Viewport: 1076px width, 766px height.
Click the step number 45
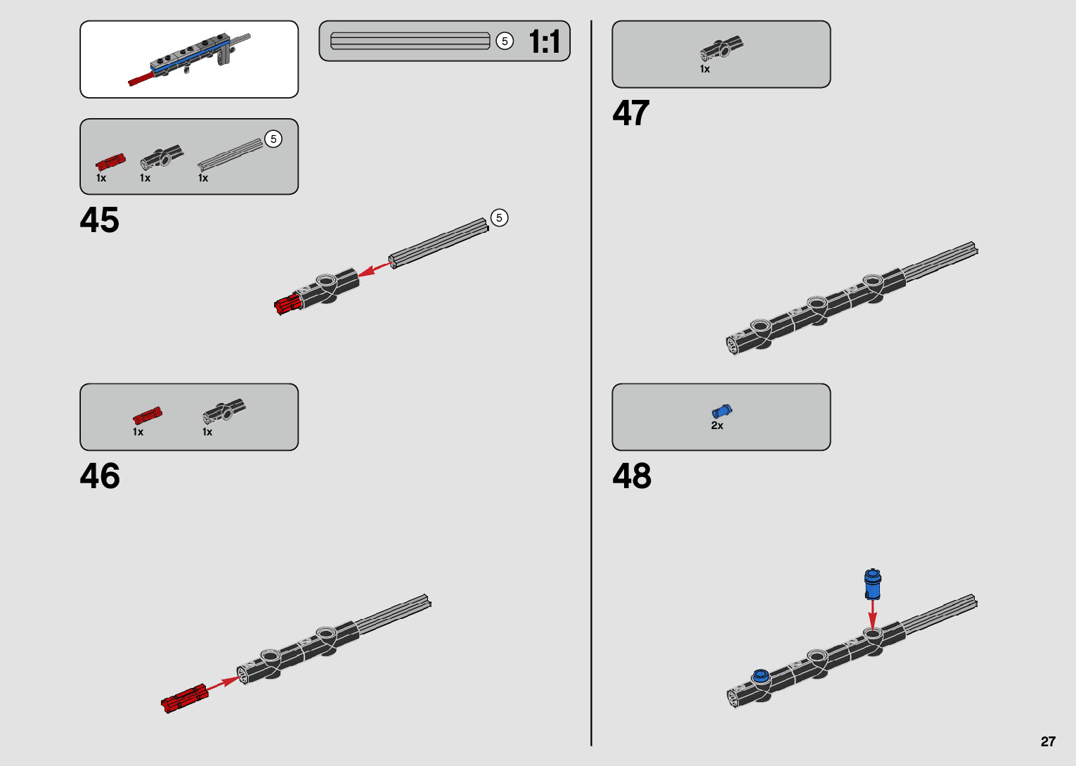[x=100, y=220]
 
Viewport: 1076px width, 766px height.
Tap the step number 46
[x=100, y=476]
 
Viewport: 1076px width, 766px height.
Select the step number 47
[x=630, y=113]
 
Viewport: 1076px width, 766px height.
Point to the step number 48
[x=631, y=476]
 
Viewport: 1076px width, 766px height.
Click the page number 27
[x=1048, y=741]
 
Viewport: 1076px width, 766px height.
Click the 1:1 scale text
[x=545, y=42]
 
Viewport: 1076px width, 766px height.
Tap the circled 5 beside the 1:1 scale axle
[x=504, y=42]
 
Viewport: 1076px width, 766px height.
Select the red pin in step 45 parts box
[x=110, y=162]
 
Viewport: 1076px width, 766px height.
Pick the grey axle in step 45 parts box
[x=230, y=155]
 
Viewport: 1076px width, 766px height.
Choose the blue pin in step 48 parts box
[x=721, y=411]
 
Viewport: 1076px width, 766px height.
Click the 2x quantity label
[x=717, y=426]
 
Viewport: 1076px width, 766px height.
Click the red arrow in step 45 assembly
[x=374, y=269]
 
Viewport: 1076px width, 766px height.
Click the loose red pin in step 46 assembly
[x=184, y=699]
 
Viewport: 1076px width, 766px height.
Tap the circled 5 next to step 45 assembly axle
[x=499, y=218]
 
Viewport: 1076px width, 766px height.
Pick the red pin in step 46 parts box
[x=148, y=416]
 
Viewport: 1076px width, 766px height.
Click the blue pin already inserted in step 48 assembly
[x=760, y=677]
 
